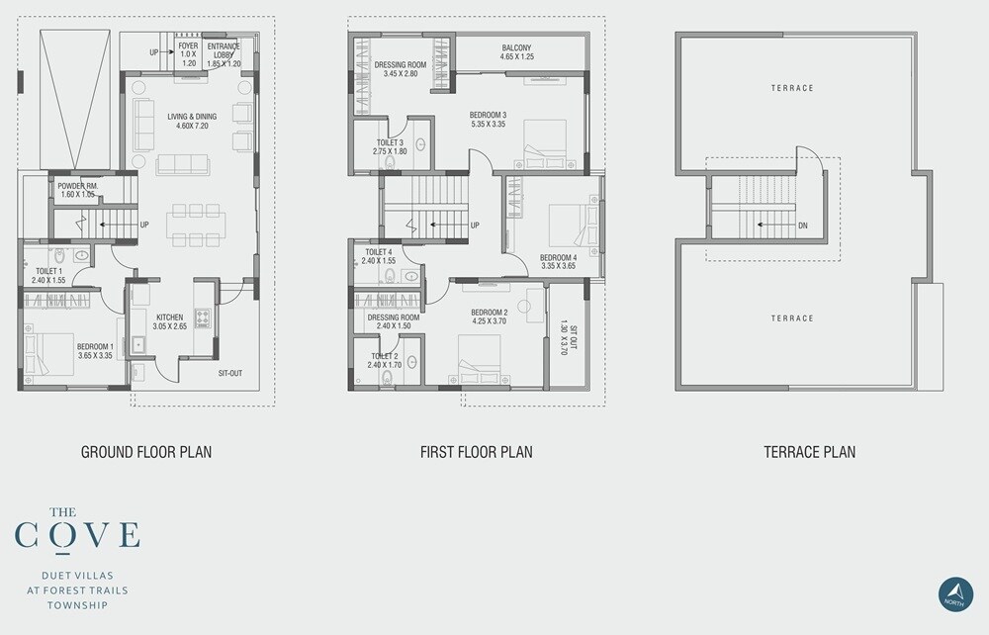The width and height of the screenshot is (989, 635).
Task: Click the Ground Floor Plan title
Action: click(145, 452)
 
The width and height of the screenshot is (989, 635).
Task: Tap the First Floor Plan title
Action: click(476, 452)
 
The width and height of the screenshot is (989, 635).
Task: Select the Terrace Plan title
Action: click(809, 452)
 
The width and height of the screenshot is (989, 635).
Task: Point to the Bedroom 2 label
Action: click(491, 317)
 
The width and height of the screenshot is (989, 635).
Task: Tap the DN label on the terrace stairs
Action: click(803, 226)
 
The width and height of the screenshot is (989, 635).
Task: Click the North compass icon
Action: click(955, 592)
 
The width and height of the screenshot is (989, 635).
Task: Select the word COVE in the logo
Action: click(77, 534)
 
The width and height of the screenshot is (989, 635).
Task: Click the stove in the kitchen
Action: click(203, 317)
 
